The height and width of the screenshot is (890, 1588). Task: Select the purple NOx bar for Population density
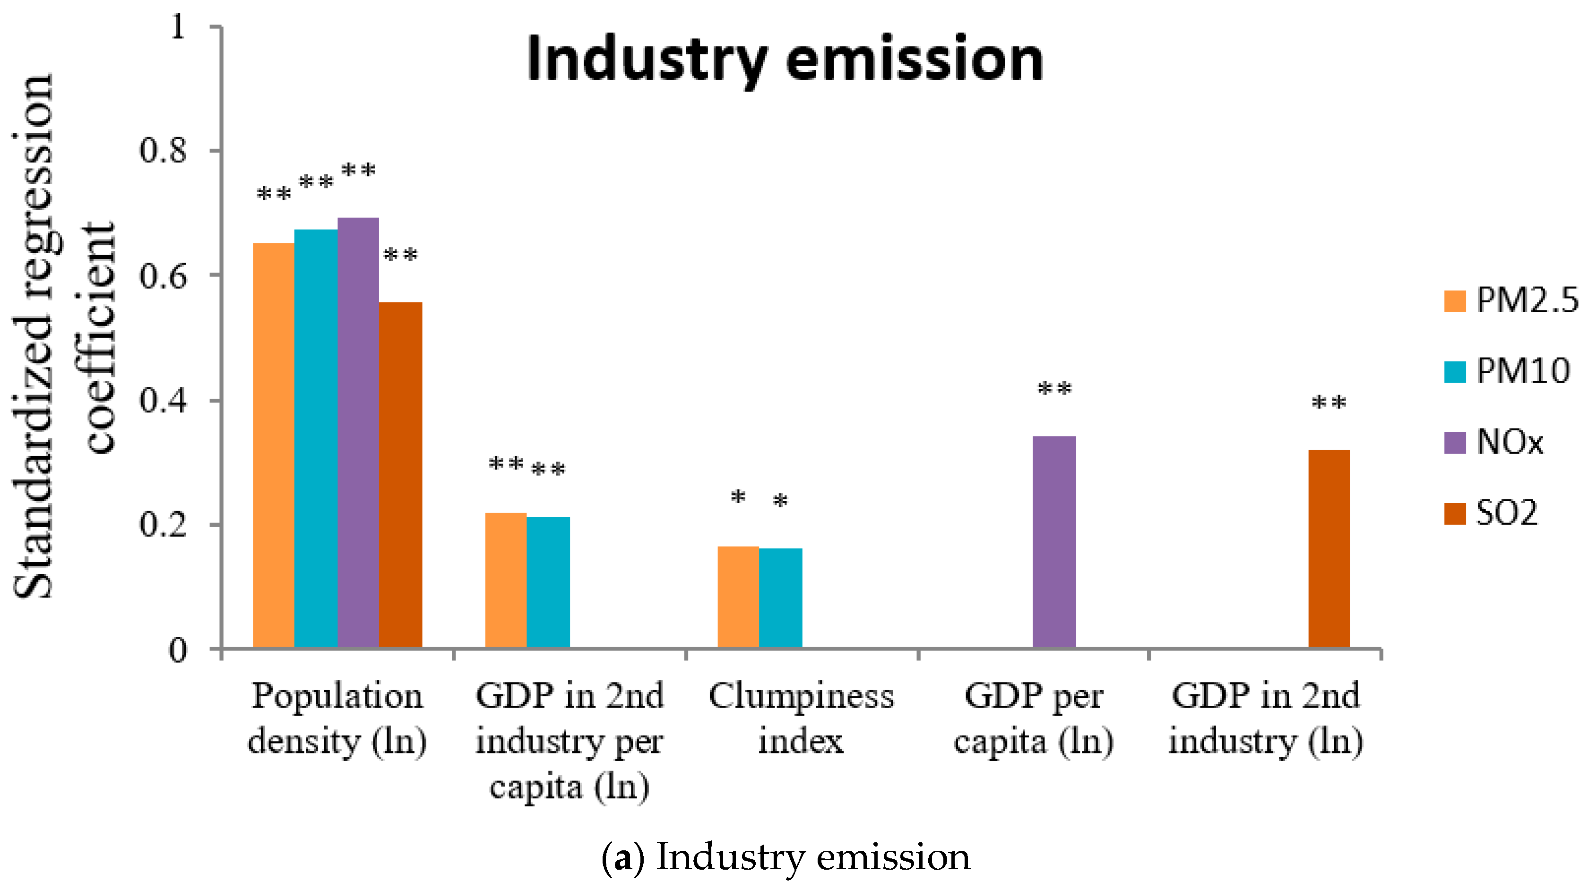pos(358,431)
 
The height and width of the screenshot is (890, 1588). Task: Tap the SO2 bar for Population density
pos(401,475)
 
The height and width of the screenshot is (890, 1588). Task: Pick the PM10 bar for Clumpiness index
pos(780,598)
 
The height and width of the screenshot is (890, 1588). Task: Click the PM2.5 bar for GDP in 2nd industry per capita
pos(506,579)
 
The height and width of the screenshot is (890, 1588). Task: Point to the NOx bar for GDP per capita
pos(1054,542)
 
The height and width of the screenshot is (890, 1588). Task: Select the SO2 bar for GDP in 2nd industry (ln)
pos(1329,548)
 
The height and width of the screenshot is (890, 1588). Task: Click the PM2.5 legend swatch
pos(1454,301)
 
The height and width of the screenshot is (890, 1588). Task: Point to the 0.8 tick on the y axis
pos(163,150)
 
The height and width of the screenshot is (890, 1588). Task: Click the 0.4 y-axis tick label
pos(163,401)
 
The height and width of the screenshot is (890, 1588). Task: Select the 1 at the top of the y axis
pos(178,27)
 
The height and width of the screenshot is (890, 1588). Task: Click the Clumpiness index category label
pos(801,718)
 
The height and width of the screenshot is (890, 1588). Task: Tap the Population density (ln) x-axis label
pos(337,718)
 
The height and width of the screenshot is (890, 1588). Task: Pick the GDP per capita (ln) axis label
pos(1034,718)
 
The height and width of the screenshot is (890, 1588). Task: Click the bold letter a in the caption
pos(623,858)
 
